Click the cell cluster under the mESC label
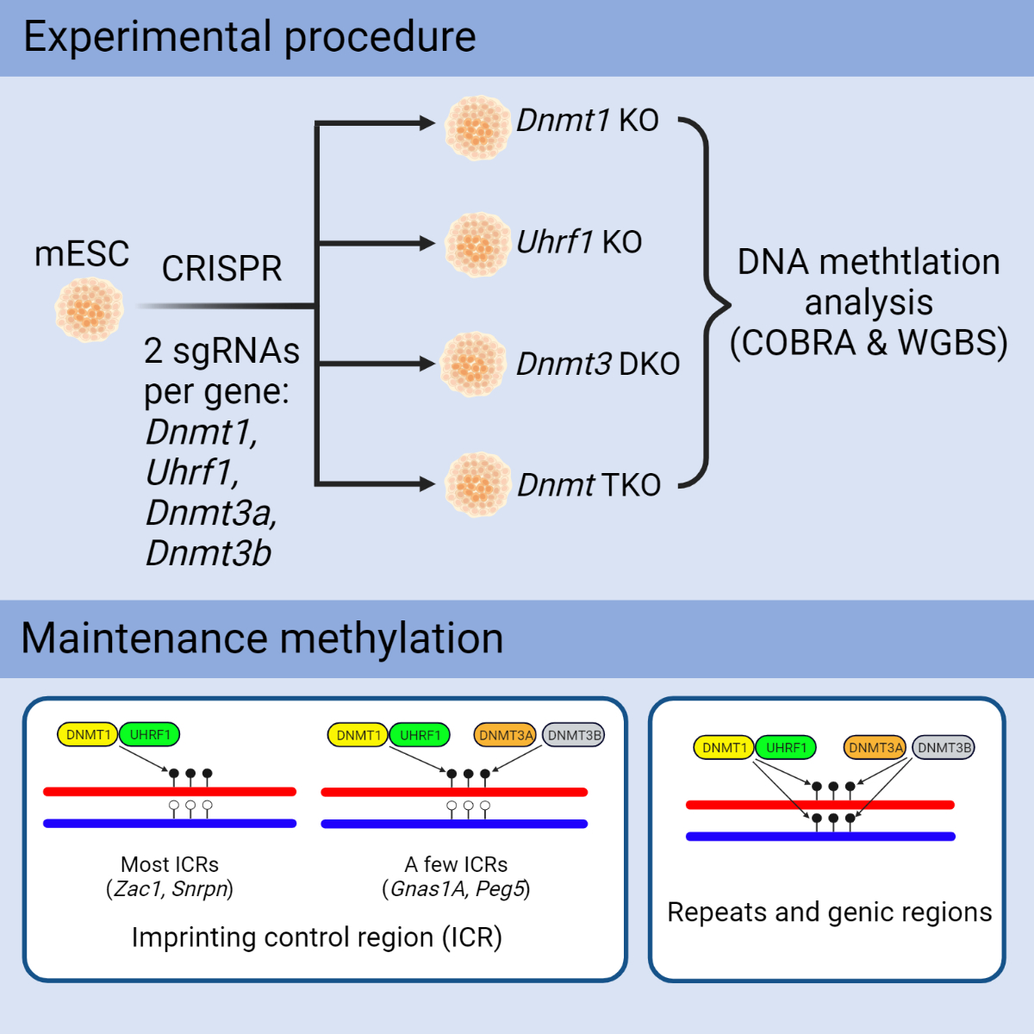point(89,308)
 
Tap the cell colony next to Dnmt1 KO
point(477,128)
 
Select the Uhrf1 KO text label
point(579,242)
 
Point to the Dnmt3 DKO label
point(598,364)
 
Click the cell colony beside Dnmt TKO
point(477,484)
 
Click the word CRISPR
point(221,269)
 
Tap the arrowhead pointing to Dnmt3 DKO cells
point(427,364)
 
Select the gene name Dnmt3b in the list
point(209,553)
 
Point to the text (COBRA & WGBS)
point(869,342)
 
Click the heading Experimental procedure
point(250,37)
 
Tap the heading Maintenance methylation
point(262,638)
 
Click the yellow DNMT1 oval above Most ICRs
point(88,735)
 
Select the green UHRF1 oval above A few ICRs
point(420,735)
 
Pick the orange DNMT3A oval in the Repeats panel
point(875,748)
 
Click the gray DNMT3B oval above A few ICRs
point(574,735)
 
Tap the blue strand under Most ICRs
point(170,824)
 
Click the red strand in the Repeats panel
point(819,805)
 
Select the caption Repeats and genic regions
point(829,912)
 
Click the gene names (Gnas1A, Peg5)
point(456,888)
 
